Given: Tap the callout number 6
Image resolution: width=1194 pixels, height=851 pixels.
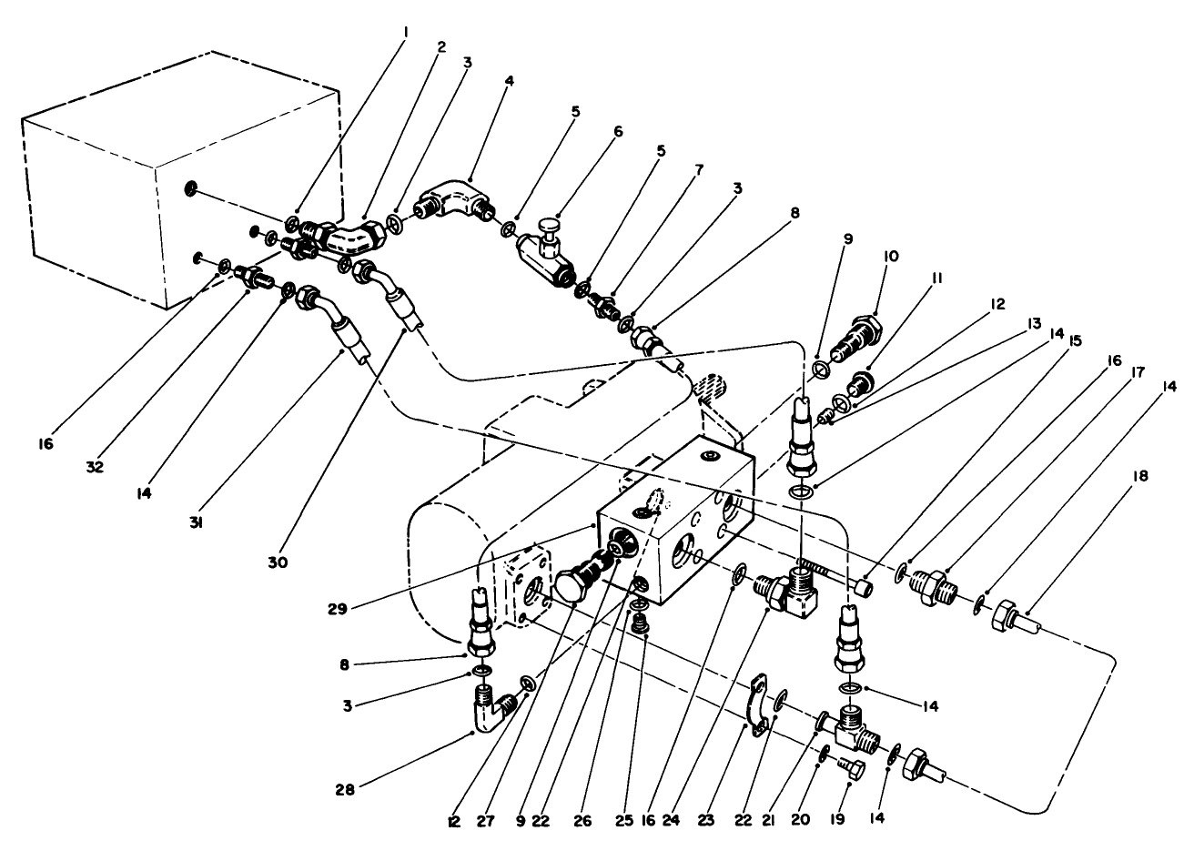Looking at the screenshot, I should (618, 131).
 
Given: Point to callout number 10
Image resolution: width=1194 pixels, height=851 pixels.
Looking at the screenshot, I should (889, 257).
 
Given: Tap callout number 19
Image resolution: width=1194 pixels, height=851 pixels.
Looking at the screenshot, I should (836, 819).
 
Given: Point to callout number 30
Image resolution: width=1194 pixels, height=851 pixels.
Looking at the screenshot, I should (278, 562).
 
